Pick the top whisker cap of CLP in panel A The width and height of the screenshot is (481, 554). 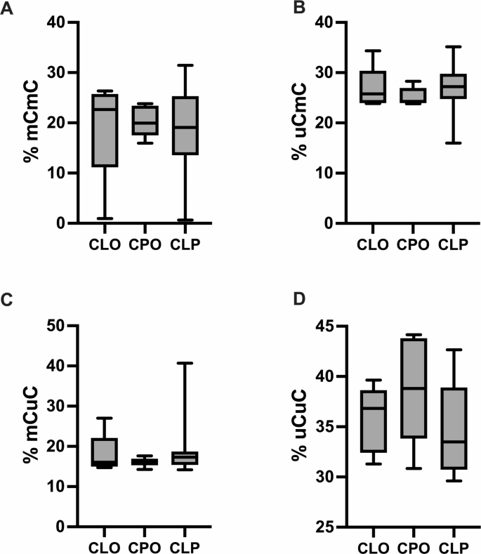click(x=185, y=65)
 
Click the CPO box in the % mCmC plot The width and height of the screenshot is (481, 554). click(x=145, y=120)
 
